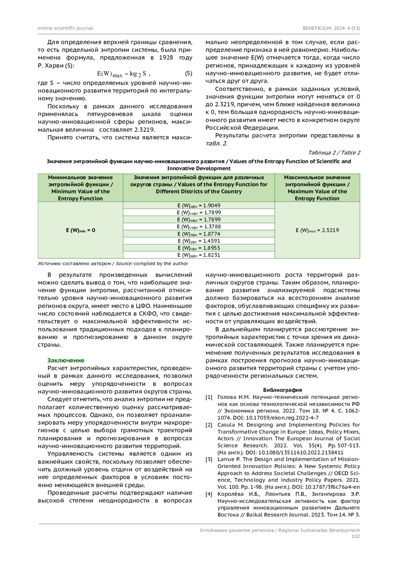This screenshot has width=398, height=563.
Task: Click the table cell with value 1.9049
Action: point(199,205)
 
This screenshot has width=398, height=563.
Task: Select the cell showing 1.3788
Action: point(199,227)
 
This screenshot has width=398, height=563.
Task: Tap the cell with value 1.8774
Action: point(199,234)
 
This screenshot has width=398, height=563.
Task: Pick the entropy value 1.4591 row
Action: point(199,241)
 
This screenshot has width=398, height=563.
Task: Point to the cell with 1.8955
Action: point(199,248)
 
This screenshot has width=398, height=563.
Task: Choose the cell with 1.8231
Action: point(199,255)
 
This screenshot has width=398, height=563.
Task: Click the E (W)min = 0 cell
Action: point(80,230)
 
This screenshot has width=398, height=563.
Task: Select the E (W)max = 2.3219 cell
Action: point(317,230)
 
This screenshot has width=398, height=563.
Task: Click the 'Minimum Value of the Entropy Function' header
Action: point(80,188)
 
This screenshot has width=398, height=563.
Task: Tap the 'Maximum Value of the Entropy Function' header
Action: point(317,188)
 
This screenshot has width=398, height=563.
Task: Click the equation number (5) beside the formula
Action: point(188,73)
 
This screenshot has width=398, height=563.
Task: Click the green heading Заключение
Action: point(66,360)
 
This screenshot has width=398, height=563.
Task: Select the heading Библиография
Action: point(282,390)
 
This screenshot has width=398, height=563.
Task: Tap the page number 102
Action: point(355,536)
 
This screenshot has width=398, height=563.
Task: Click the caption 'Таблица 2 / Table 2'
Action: point(334,153)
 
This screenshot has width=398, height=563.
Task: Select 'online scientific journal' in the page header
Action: point(65,28)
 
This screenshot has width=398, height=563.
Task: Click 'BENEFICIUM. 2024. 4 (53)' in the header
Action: point(331,28)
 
